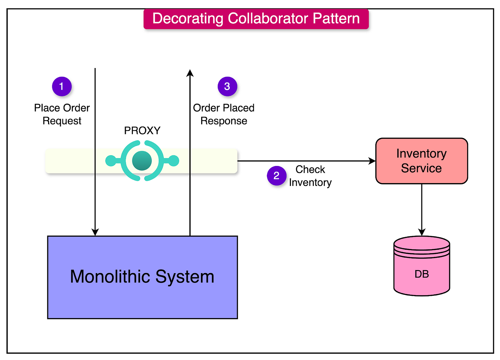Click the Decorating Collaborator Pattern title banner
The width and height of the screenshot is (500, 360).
pos(256,19)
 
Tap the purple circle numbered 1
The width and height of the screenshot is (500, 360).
pos(62,86)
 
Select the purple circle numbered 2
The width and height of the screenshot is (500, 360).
pos(276,176)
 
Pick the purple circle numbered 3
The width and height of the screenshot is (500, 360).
pos(227,86)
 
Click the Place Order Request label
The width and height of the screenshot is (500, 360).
pos(62,114)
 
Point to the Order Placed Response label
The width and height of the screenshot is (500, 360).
pos(224,114)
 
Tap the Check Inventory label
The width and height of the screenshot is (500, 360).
pos(310,176)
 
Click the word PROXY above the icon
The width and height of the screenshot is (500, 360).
pos(142,131)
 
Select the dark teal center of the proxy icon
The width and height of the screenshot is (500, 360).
pos(142,160)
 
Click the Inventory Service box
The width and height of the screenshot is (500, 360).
pos(421,161)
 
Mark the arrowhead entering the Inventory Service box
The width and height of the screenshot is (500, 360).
pos(372,161)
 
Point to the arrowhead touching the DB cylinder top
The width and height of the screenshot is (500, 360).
pos(422,232)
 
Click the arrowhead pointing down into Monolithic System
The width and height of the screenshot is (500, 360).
pos(95,232)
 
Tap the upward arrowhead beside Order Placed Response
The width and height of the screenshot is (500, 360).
pos(190,73)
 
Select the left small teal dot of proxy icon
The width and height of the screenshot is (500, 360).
pos(110,160)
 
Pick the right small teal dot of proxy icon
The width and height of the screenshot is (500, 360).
pos(174,160)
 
